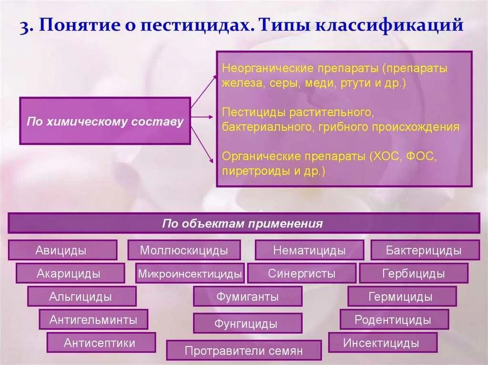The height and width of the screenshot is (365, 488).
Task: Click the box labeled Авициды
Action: [62, 250]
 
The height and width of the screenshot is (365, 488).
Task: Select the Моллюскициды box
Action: [183, 250]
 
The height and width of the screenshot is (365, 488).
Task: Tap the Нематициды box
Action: [309, 250]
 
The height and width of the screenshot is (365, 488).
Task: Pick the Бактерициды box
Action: [425, 250]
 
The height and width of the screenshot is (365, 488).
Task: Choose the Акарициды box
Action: [70, 273]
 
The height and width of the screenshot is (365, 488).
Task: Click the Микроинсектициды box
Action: [190, 273]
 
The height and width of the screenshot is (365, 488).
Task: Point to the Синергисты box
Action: [302, 273]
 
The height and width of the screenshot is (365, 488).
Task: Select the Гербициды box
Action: [414, 273]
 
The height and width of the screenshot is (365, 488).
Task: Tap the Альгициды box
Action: [81, 296]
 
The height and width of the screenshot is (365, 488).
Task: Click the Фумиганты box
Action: [247, 296]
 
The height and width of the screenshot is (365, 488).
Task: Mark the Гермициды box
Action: [402, 296]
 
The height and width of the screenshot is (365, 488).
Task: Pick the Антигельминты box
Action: [93, 319]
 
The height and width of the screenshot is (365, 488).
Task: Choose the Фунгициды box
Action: [247, 323]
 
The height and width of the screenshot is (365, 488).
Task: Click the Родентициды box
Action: [394, 319]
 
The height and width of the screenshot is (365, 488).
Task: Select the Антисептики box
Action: [101, 342]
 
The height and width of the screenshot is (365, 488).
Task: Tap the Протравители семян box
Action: [244, 350]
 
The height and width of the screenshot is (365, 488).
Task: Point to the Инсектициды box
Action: [383, 342]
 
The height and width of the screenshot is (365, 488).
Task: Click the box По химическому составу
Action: [105, 121]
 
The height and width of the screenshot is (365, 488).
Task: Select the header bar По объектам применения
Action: [244, 223]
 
